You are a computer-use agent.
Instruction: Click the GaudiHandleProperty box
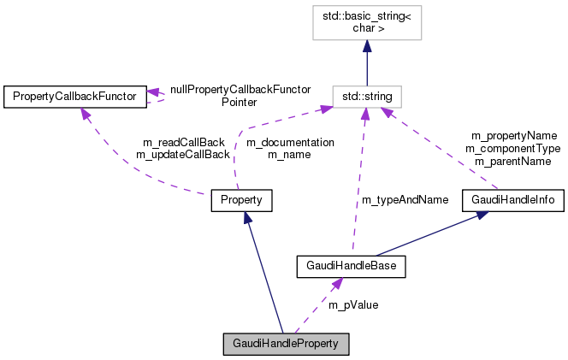tap(286, 345)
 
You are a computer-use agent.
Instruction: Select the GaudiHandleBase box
tap(350, 267)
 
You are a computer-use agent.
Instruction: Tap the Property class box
tap(241, 201)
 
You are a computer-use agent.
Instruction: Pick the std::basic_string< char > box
tap(367, 26)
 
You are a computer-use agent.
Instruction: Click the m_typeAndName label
tap(405, 200)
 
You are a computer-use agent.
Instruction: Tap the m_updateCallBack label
tap(182, 155)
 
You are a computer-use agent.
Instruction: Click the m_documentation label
tap(290, 142)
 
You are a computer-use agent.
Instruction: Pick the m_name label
tap(290, 155)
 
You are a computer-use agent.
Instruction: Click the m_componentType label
tap(512, 148)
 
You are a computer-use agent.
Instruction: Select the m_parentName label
tap(512, 161)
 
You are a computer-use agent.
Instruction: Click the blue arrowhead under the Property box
tap(247, 219)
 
